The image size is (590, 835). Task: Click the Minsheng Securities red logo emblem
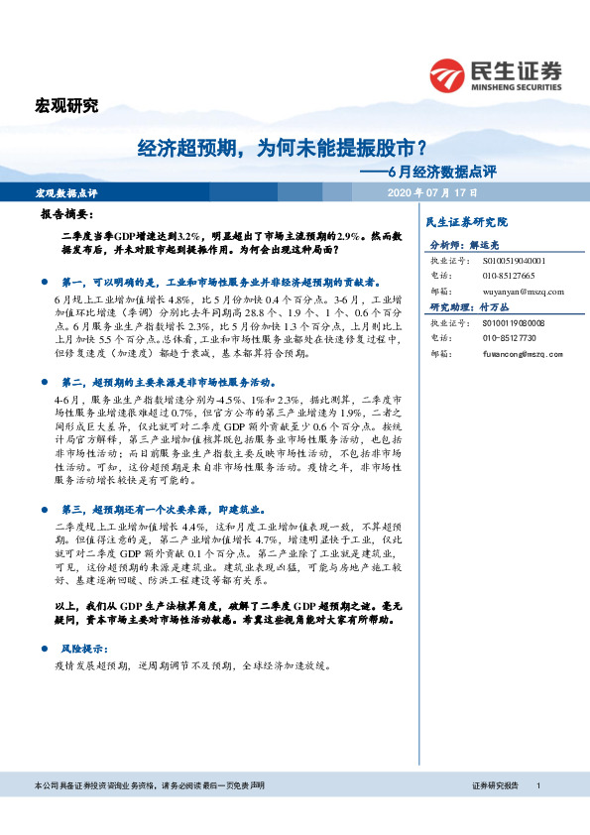[x=447, y=74]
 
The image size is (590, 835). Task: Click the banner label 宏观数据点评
[x=66, y=191]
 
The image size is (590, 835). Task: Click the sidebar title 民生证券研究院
[x=465, y=222]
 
